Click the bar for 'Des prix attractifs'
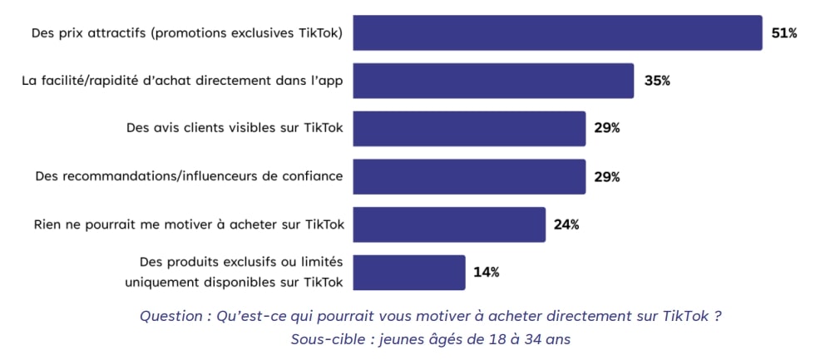pyautogui.click(x=557, y=33)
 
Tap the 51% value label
pyautogui.click(x=784, y=33)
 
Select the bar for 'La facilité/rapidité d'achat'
pyautogui.click(x=493, y=81)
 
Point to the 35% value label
pyautogui.click(x=656, y=81)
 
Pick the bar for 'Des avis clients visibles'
pyautogui.click(x=469, y=128)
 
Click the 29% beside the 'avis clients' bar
pyautogui.click(x=607, y=128)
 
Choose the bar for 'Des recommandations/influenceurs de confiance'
pyautogui.click(x=469, y=176)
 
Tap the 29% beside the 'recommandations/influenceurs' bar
pyautogui.click(x=607, y=176)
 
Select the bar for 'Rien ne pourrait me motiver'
pyautogui.click(x=449, y=224)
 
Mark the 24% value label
pyautogui.click(x=567, y=224)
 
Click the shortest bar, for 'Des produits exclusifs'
pyautogui.click(x=409, y=272)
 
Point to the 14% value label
pyautogui.click(x=487, y=272)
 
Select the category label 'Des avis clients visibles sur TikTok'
pyautogui.click(x=235, y=128)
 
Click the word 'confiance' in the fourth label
pyautogui.click(x=314, y=176)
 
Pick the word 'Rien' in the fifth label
pyautogui.click(x=47, y=224)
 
